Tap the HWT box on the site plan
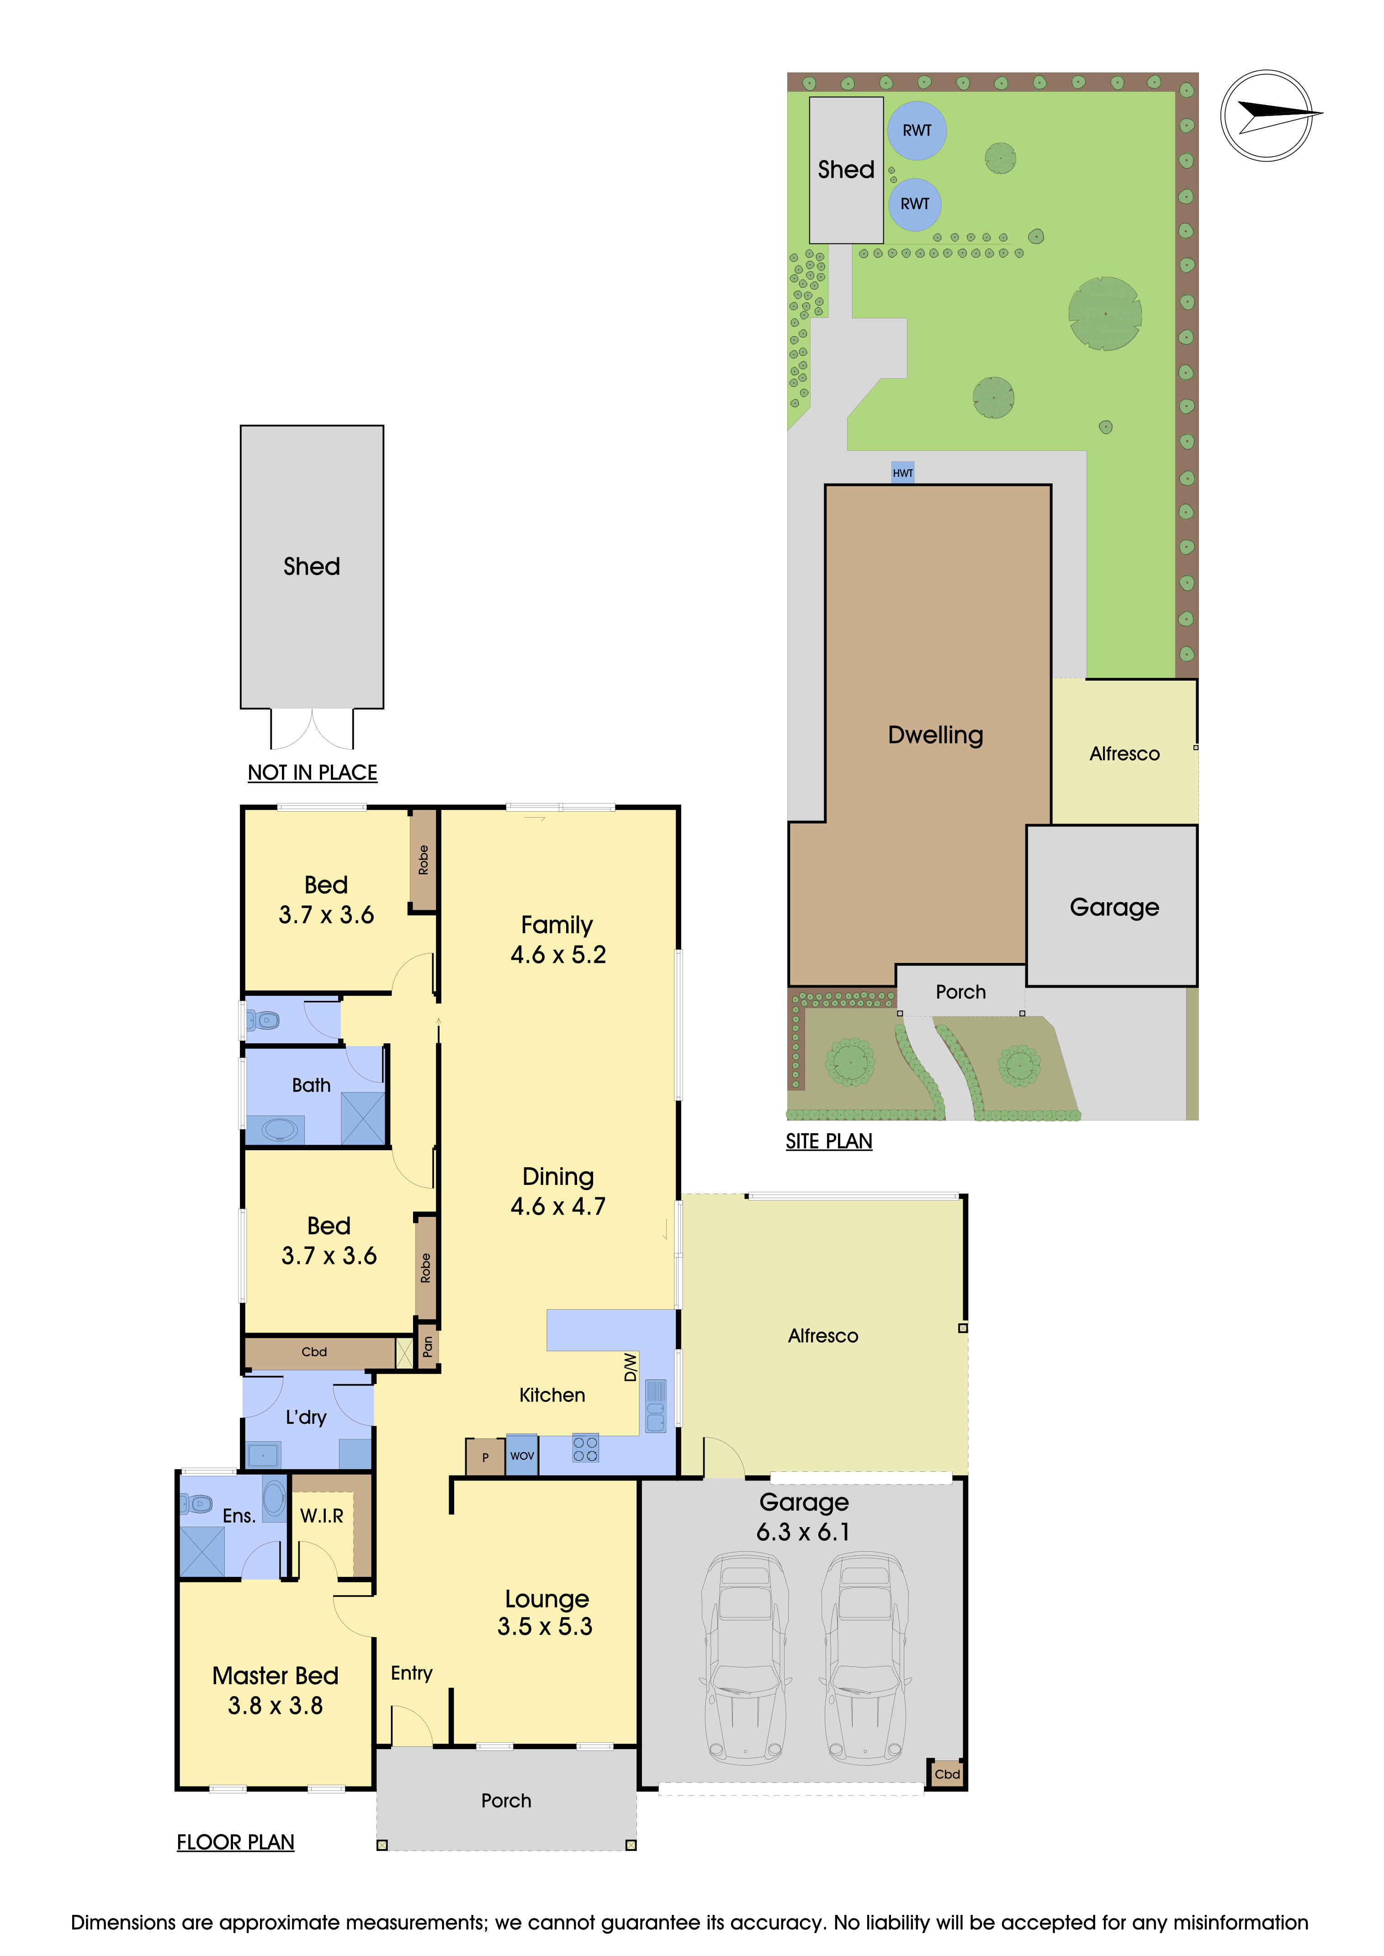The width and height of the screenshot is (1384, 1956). point(902,473)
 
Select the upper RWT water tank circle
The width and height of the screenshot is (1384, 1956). point(917,130)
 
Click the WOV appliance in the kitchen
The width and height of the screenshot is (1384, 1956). point(521,1456)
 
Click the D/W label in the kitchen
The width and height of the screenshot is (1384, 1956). point(630,1367)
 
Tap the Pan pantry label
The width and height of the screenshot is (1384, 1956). point(427,1346)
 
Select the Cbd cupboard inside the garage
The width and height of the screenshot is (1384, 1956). point(947,1774)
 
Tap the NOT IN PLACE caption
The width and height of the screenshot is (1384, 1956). point(312,773)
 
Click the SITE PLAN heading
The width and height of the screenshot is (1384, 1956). point(828,1141)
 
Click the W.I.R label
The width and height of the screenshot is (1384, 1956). point(321,1516)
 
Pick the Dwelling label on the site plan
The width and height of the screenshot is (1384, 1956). point(935,735)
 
